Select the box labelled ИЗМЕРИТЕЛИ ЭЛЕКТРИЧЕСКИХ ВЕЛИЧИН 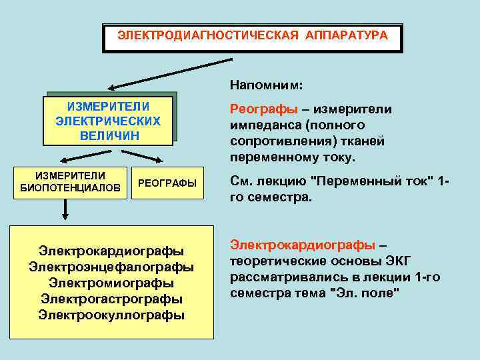click(x=107, y=121)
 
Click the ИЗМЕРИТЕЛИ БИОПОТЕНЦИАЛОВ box click(x=70, y=182)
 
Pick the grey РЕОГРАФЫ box click(x=167, y=183)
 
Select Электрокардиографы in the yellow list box click(x=111, y=251)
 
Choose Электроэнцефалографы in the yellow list click(x=111, y=267)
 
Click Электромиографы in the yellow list click(x=111, y=283)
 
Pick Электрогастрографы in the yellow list click(x=111, y=299)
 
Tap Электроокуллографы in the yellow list click(x=111, y=315)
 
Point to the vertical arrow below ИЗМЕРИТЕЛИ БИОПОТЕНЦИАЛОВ click(x=65, y=210)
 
